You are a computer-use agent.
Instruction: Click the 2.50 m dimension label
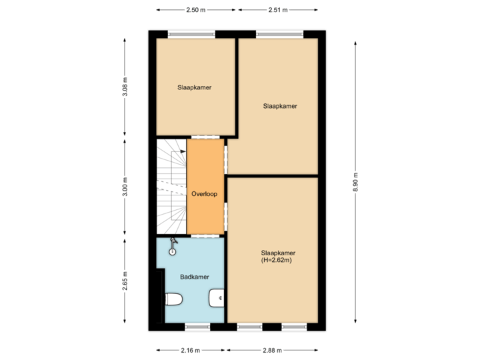[196, 10]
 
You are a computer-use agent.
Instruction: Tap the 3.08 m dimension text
[125, 87]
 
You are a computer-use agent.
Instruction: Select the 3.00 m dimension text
[125, 187]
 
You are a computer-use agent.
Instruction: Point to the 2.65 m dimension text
[125, 281]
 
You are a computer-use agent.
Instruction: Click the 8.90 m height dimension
[355, 181]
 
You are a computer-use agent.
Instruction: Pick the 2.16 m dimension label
[191, 350]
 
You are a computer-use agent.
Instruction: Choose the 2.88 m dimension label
[272, 350]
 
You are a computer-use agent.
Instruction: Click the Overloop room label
[205, 194]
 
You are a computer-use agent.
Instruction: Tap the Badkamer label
[195, 277]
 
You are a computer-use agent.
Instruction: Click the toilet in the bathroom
[173, 300]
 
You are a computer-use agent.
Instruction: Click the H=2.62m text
[278, 260]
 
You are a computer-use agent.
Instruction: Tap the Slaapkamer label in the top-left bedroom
[195, 87]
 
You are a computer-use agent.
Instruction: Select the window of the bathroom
[197, 327]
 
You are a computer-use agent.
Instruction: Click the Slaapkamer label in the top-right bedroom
[280, 105]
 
